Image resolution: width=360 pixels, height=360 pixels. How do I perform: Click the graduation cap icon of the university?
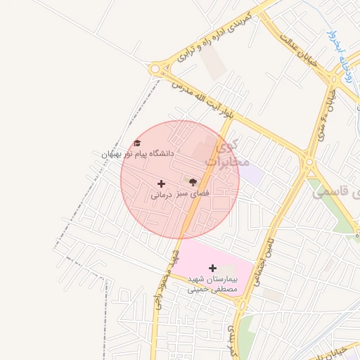(137, 143)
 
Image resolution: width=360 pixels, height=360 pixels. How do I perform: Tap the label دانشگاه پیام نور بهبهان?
(137, 153)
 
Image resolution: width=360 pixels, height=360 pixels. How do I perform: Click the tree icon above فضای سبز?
(193, 182)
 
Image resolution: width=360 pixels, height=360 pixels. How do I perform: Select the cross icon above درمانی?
(162, 184)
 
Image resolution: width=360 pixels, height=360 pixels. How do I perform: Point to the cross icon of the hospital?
(212, 268)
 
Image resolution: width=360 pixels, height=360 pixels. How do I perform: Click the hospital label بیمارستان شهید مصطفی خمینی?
(212, 283)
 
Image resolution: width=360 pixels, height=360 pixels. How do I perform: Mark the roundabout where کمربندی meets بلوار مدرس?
(155, 69)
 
